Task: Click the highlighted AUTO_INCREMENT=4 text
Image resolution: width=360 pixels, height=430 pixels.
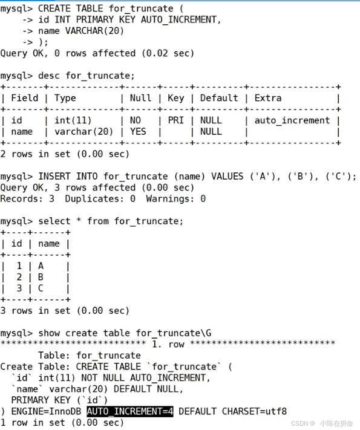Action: (x=130, y=411)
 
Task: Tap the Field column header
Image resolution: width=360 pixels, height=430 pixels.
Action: (x=24, y=98)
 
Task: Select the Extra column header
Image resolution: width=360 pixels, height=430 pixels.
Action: (x=268, y=98)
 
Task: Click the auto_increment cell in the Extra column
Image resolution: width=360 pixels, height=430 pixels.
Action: (x=292, y=120)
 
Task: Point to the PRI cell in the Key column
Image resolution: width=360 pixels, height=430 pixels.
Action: (x=175, y=120)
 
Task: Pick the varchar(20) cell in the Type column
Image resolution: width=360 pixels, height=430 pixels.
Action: (x=83, y=132)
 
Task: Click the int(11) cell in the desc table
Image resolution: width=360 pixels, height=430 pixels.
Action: (x=73, y=120)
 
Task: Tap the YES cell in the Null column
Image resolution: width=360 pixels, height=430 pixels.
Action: (x=138, y=131)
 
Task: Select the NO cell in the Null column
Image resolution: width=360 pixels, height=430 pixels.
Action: (x=136, y=120)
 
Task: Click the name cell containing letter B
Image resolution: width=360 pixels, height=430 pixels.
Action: (x=41, y=277)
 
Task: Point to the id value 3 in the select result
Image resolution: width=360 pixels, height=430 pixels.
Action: (x=19, y=288)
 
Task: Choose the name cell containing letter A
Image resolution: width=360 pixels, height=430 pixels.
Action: (x=41, y=265)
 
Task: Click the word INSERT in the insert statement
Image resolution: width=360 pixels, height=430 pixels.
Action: (x=54, y=176)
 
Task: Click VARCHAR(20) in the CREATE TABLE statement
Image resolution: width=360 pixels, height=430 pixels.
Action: (x=94, y=31)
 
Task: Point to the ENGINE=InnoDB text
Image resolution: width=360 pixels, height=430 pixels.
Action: (x=46, y=411)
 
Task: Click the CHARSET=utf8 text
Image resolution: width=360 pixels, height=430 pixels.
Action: (x=254, y=411)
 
